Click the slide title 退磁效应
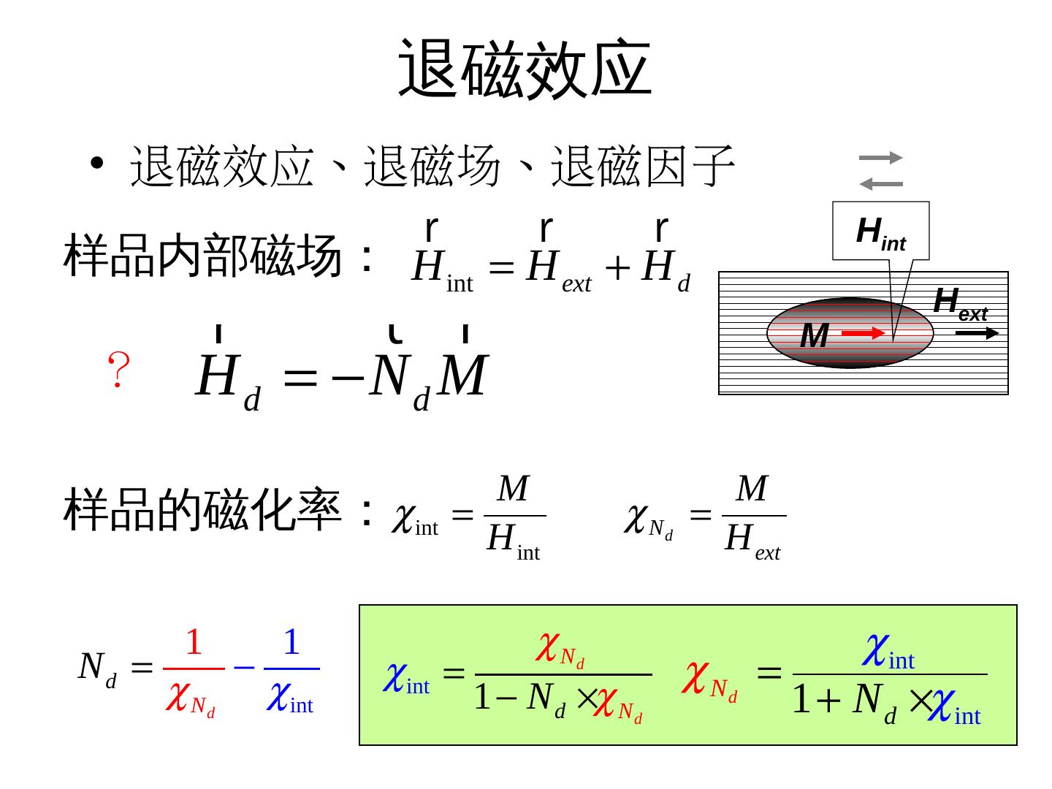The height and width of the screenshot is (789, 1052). point(525,69)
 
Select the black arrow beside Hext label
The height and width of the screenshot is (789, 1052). point(977,334)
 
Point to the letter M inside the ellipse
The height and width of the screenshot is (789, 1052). point(814,336)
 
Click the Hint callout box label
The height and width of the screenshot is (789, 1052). point(880,232)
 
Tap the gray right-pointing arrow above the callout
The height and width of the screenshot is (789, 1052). point(881,158)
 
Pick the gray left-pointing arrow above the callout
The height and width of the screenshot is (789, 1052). point(881,184)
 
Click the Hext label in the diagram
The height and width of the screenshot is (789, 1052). point(960,302)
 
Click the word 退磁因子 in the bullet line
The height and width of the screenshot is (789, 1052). point(643,166)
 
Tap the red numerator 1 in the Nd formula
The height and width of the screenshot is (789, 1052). point(194,643)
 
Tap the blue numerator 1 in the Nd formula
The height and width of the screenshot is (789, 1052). point(291,643)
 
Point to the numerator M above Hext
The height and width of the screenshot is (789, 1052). point(752,489)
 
